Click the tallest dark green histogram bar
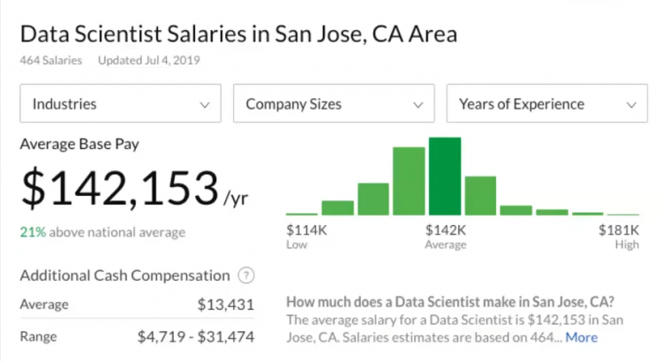445,177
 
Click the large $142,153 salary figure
119,187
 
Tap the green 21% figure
33,232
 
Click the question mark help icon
246,275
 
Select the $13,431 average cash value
226,305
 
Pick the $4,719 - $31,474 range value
196,336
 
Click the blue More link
582,337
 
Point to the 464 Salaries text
50,61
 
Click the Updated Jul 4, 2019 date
149,61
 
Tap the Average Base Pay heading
79,143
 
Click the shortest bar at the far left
301,214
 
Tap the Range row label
38,336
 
